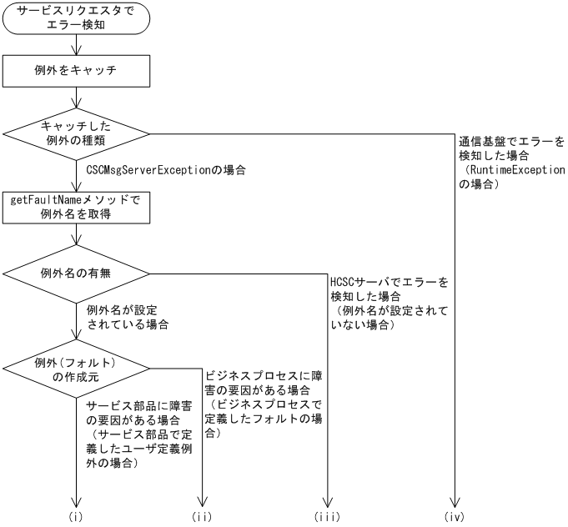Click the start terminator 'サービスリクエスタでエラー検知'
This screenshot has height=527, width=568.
pos(78,19)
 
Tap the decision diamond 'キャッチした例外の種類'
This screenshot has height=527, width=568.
pos(78,133)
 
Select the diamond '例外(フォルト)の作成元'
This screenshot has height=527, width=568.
pos(78,368)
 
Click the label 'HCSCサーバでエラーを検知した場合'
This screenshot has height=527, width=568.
pos(389,289)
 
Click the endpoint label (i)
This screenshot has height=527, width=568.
pos(78,517)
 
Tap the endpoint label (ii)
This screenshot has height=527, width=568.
pos(202,517)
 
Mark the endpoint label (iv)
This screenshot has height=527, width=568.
pos(455,517)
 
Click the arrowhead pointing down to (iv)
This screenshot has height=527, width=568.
pos(455,503)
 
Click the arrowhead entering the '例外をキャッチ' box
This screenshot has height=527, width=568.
pos(78,53)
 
